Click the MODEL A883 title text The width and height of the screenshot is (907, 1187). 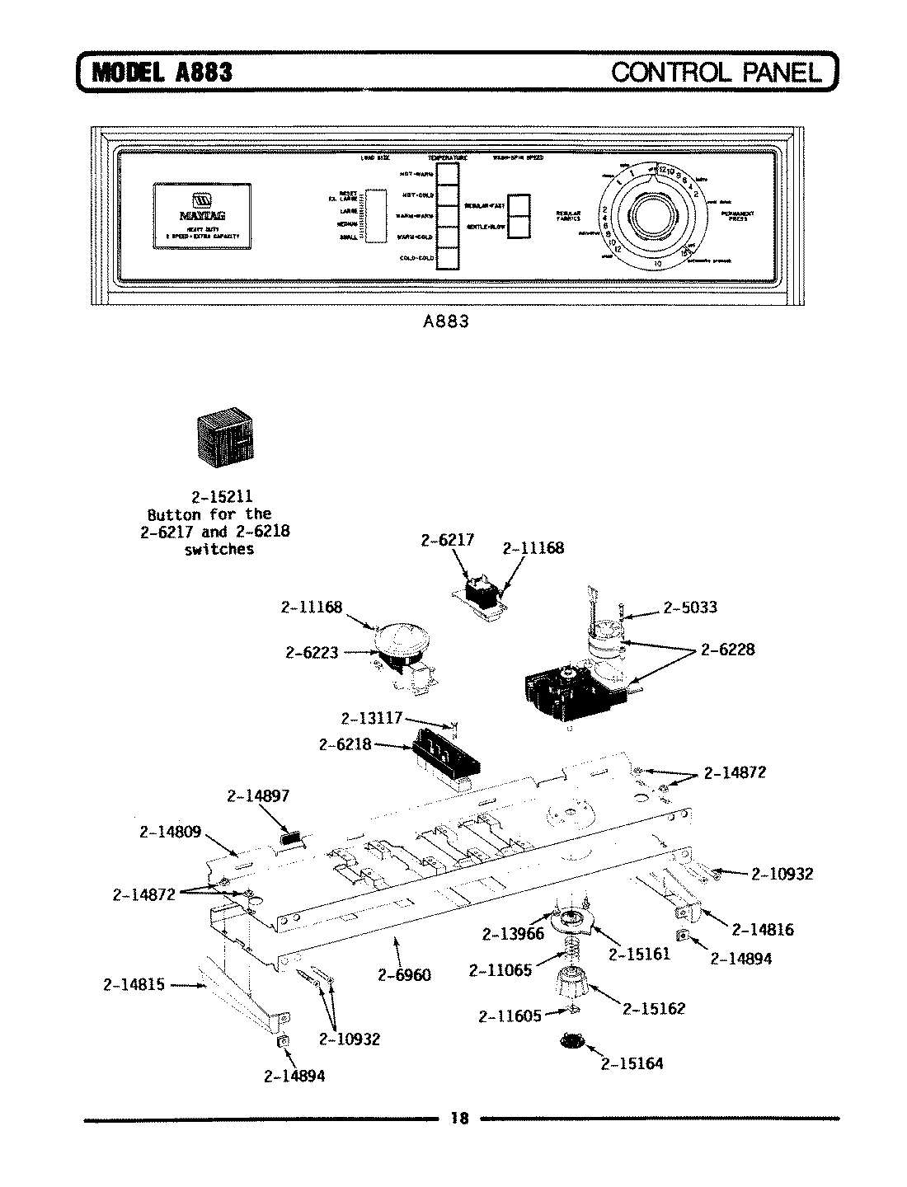point(162,72)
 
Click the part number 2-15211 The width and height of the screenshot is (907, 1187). point(222,497)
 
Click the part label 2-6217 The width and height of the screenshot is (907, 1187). point(447,541)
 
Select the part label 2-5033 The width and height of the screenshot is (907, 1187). point(689,608)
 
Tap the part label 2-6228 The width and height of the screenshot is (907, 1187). point(727,650)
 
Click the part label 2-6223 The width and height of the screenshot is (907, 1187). point(312,652)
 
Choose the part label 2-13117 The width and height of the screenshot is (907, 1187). point(371,718)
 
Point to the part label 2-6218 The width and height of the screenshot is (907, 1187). point(345,744)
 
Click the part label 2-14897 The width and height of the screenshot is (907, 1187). point(258,795)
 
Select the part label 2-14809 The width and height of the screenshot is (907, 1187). point(170,832)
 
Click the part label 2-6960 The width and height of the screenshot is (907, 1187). point(404,975)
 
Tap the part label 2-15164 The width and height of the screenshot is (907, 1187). point(632,1063)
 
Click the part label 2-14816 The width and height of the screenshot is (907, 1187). point(763,930)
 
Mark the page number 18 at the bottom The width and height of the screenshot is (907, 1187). point(459,1119)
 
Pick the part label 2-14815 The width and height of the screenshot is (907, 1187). point(134,984)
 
